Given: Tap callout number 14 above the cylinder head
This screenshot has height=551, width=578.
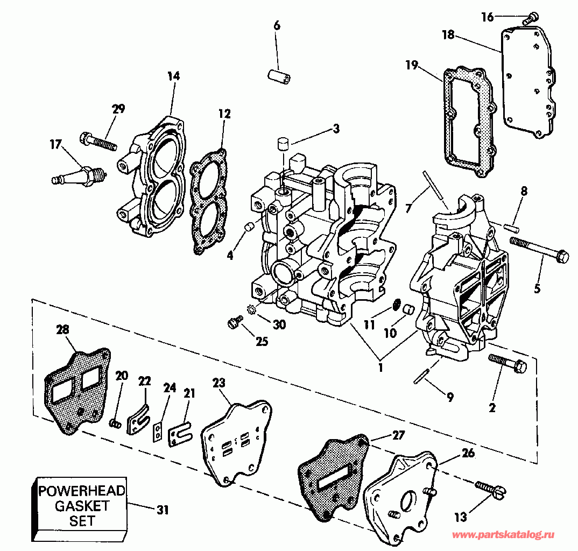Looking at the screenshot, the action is pos(174,76).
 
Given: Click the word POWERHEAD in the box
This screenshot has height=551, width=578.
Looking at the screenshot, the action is pos(82,491).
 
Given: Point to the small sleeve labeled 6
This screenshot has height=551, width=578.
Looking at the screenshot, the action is pos(279,76).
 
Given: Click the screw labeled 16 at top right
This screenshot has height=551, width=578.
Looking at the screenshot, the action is pos(531,18).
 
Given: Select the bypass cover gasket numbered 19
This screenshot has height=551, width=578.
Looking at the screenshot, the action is pos(468,122).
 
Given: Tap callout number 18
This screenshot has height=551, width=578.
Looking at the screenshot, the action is pos(448,35).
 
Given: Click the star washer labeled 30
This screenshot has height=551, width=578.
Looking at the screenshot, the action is pos(251,309).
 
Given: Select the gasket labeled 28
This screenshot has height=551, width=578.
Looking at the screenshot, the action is pos(77,390).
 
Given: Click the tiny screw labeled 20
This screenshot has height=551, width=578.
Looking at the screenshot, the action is pos(115,424).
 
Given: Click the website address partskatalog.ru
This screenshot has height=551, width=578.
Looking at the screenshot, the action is pos(503,535).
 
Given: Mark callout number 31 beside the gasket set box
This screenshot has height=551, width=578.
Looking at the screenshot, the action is pos(163,510).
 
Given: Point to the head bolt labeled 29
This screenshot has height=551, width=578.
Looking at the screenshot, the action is pos(98,142).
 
